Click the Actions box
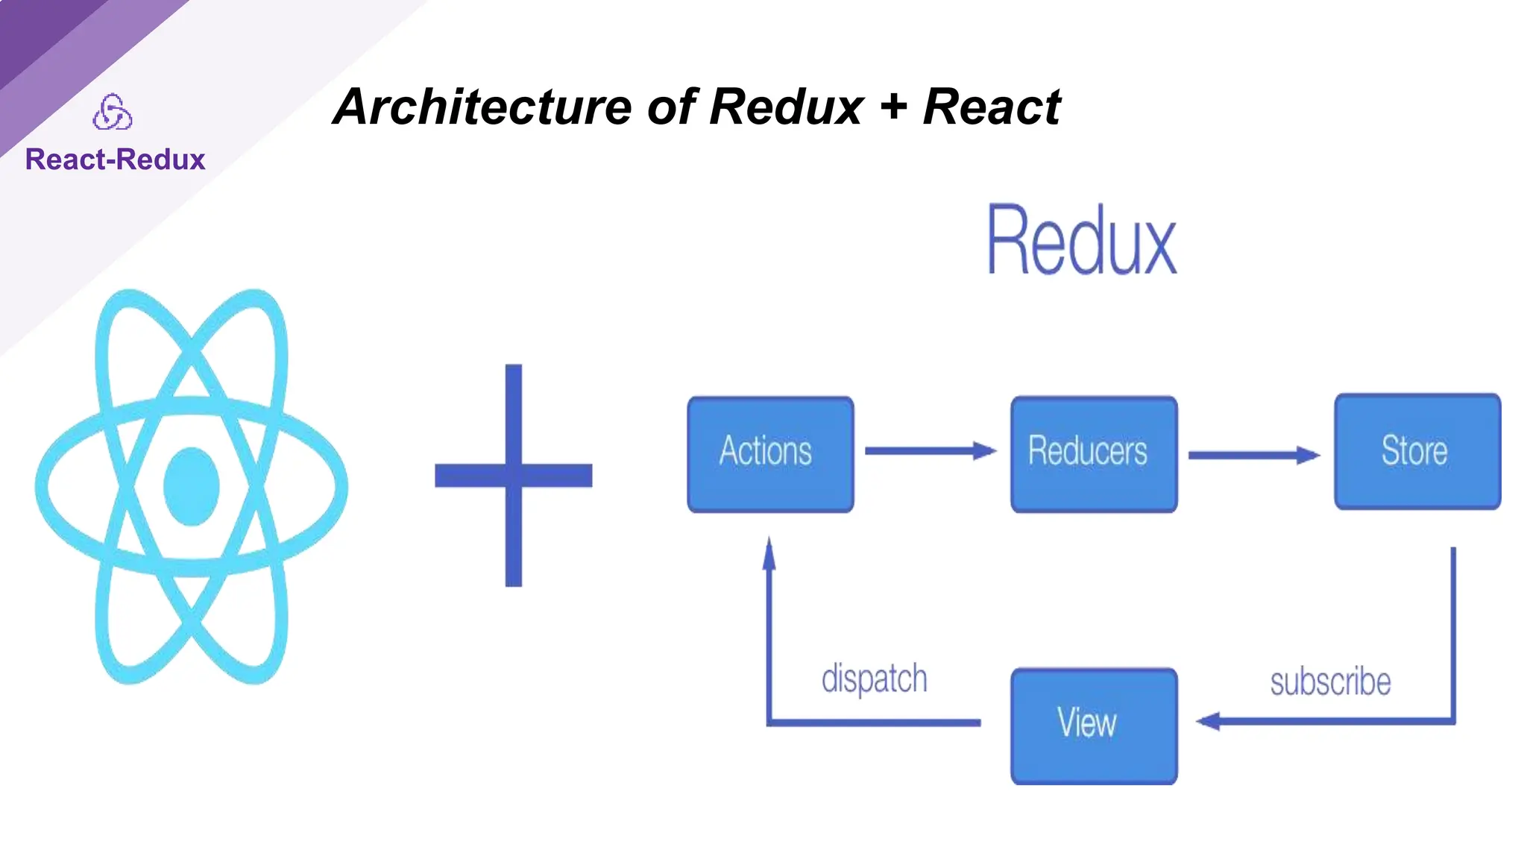[x=769, y=453]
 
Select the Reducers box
[x=1093, y=453]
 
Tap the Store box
[x=1417, y=451]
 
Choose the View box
[x=1093, y=725]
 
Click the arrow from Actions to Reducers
[x=929, y=450]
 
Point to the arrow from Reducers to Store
[x=1253, y=455]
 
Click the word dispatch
[x=874, y=679]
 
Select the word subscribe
[x=1330, y=682]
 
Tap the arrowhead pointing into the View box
[x=1208, y=721]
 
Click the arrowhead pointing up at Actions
[x=769, y=553]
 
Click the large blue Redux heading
[x=1081, y=240]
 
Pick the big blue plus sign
[x=513, y=475]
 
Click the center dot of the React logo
[x=191, y=486]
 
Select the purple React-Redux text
[x=115, y=160]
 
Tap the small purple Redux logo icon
[x=113, y=112]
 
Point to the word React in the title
[x=991, y=107]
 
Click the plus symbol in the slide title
[x=893, y=107]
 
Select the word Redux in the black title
[x=786, y=107]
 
